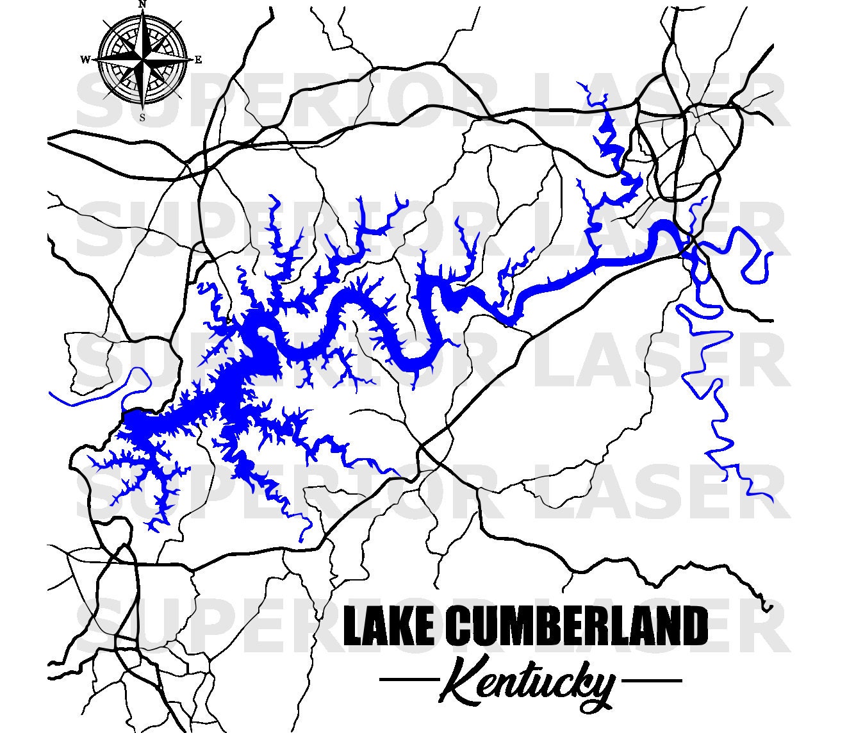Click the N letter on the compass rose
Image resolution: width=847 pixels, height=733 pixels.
(142, 4)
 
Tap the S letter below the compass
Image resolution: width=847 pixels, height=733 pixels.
(142, 117)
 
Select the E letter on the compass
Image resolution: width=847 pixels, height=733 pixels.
(198, 60)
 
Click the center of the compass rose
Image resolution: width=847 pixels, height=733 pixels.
(142, 60)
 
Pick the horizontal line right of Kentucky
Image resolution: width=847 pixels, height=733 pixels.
(652, 680)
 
